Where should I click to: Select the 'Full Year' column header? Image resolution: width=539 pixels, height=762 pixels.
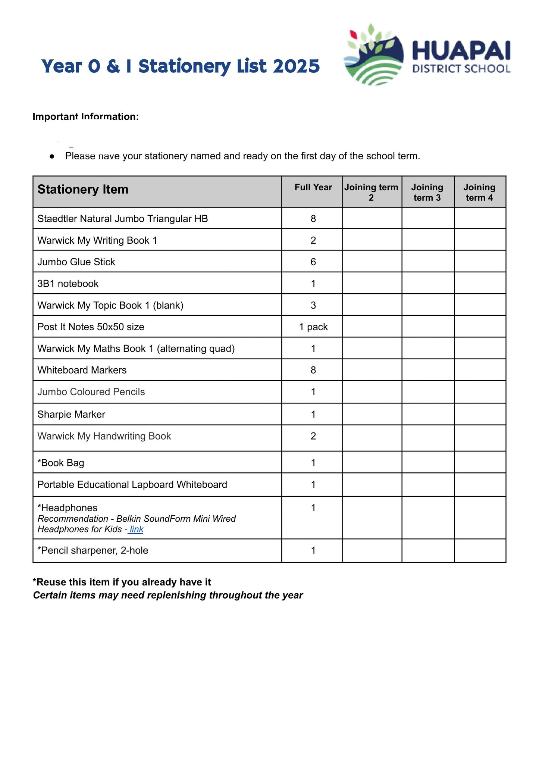click(x=313, y=188)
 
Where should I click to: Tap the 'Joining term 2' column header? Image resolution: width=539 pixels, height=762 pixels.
click(x=371, y=192)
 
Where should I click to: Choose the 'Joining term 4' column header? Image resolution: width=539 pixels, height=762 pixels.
click(x=479, y=192)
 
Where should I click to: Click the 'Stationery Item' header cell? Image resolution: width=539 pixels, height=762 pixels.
click(x=83, y=190)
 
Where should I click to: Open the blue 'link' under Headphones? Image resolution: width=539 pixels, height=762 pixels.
click(x=136, y=529)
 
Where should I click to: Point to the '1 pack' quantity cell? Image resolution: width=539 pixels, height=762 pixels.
click(x=313, y=327)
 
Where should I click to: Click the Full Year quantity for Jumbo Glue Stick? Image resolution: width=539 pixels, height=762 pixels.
click(x=313, y=262)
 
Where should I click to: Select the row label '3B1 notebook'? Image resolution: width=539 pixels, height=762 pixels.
click(x=68, y=284)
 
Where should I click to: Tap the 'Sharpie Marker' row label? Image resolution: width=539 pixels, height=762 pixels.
click(x=71, y=414)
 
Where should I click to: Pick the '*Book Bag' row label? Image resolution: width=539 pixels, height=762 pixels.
click(x=61, y=463)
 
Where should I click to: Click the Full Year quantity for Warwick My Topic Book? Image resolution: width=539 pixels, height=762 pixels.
click(x=313, y=305)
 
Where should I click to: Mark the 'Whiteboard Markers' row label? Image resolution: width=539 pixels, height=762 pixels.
click(x=82, y=370)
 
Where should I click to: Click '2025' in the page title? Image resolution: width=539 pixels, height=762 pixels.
click(x=296, y=66)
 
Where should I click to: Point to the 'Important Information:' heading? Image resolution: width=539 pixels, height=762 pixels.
click(x=85, y=117)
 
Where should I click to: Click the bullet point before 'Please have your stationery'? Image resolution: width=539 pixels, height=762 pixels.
click(x=52, y=156)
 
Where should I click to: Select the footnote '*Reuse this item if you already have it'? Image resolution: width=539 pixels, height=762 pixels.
click(x=122, y=582)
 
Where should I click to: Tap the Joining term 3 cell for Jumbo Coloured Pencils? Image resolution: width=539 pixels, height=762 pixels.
click(x=427, y=392)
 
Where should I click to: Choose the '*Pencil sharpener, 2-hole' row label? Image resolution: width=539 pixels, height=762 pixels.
click(x=93, y=550)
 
